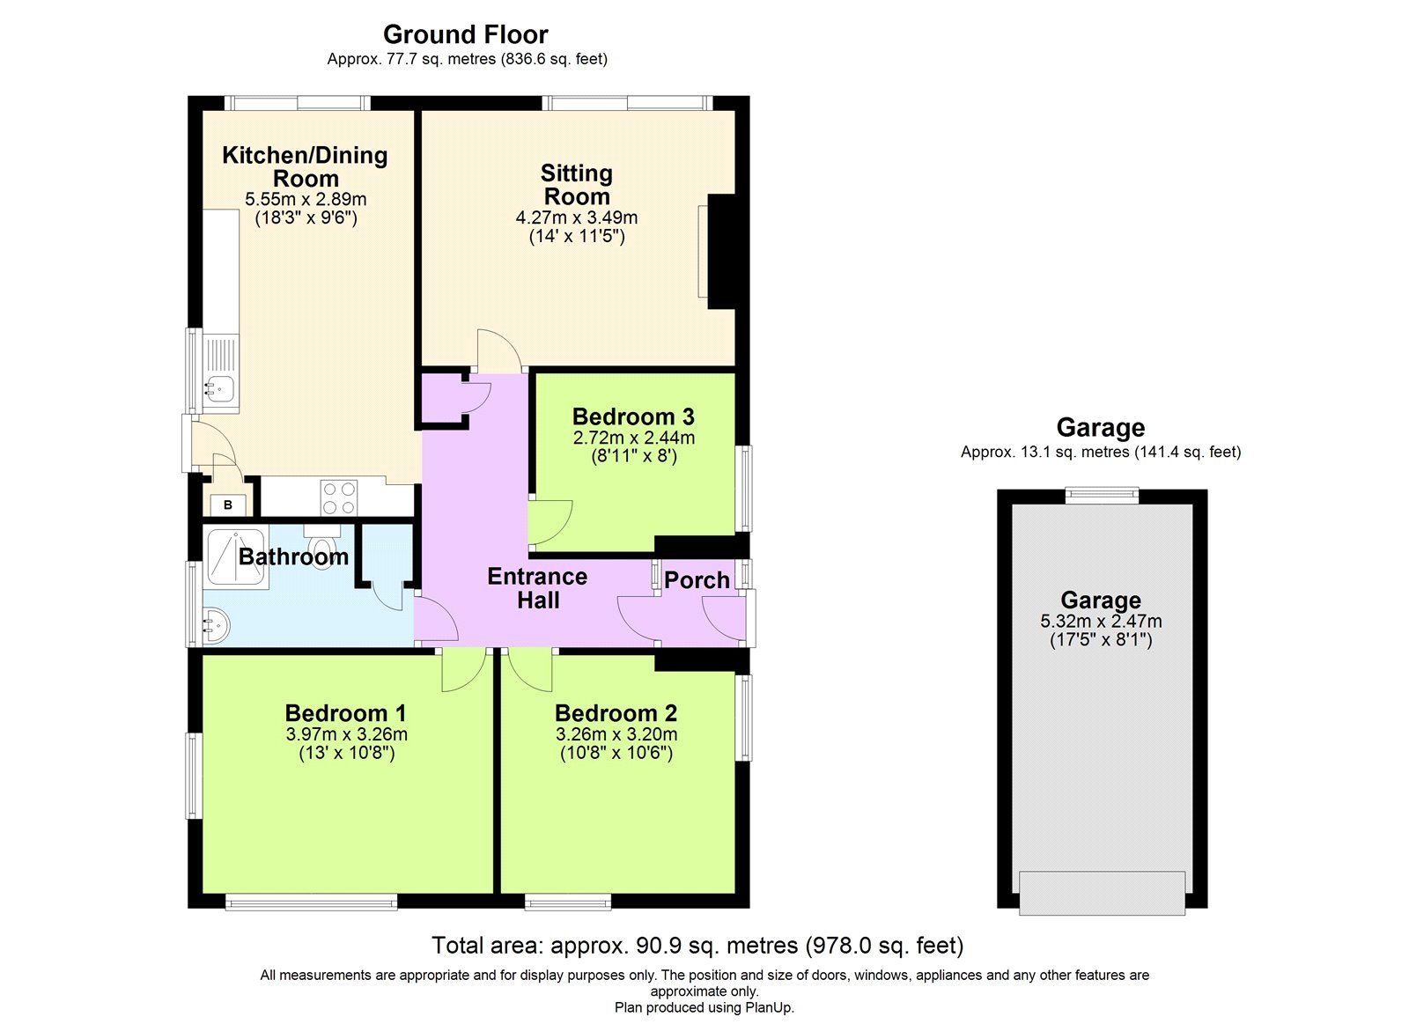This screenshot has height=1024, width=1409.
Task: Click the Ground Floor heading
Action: pyautogui.click(x=465, y=34)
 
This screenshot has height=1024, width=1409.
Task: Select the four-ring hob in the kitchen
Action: pyautogui.click(x=339, y=497)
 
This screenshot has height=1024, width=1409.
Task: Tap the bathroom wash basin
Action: pyautogui.click(x=217, y=627)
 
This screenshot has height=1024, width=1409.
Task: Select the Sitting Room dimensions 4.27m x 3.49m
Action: pyautogui.click(x=577, y=217)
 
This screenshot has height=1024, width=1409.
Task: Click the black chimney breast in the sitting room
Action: pyautogui.click(x=722, y=251)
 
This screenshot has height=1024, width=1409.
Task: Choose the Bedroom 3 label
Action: pyautogui.click(x=633, y=416)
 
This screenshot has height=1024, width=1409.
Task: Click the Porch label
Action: pyautogui.click(x=697, y=580)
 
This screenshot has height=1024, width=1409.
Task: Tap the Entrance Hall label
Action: pyautogui.click(x=537, y=588)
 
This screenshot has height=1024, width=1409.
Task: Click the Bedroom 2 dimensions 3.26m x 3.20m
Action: pyautogui.click(x=616, y=734)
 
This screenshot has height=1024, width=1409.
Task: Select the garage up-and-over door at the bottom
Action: pyautogui.click(x=1102, y=892)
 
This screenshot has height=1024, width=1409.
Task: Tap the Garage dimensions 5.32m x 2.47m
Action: pyautogui.click(x=1101, y=621)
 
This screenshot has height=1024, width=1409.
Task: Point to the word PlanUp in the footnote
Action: pyautogui.click(x=769, y=1007)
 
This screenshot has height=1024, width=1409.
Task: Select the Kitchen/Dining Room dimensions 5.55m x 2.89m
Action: pyautogui.click(x=306, y=200)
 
